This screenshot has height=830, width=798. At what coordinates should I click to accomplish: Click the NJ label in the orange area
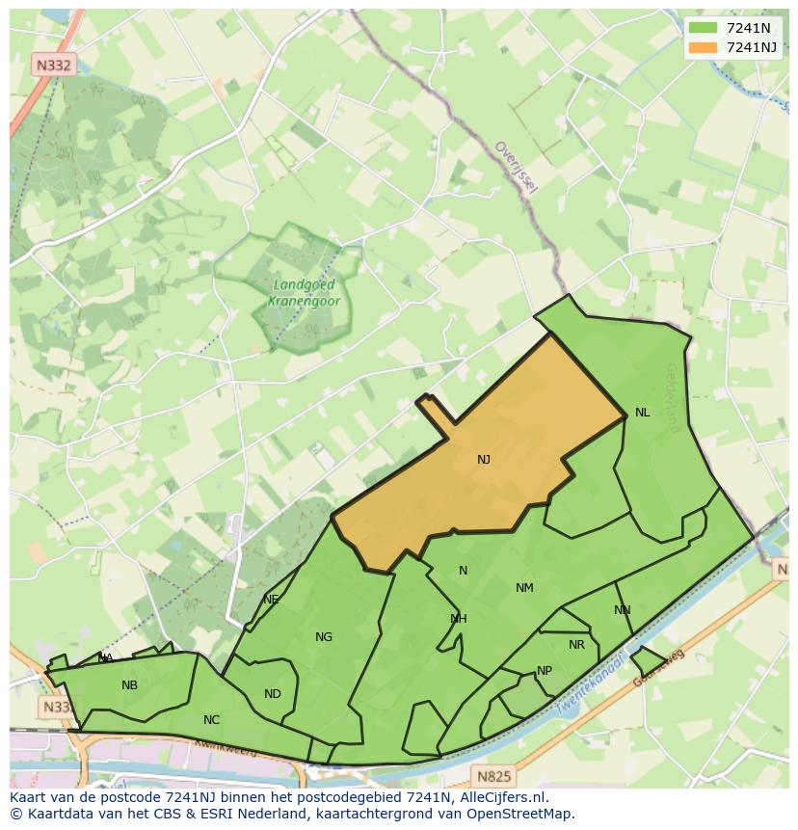point(484,460)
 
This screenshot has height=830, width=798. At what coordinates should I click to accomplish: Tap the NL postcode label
point(642,413)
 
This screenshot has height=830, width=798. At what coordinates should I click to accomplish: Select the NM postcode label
point(524,588)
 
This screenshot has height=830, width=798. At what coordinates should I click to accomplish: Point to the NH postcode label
point(459,619)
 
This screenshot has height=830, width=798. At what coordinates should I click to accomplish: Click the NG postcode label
point(324,636)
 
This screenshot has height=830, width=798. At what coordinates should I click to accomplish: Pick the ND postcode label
point(273,694)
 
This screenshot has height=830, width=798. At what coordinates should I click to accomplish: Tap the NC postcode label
point(212,720)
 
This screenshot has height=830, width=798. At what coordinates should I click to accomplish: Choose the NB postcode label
point(129,685)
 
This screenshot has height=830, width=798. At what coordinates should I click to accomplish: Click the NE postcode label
point(271,600)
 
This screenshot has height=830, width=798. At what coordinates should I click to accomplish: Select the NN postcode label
point(623,610)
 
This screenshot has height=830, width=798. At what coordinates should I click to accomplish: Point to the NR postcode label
point(576,646)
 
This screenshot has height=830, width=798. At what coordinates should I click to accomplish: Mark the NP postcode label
point(545,671)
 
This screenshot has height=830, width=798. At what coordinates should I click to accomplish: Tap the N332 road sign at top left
point(52,66)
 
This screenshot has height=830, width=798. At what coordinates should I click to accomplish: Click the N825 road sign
point(492,775)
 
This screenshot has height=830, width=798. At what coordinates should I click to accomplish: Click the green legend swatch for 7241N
point(703,28)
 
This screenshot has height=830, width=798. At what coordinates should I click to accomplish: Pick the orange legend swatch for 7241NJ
point(703,46)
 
